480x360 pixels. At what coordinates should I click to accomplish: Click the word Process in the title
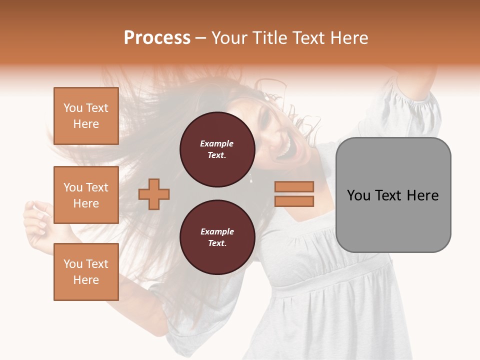[157, 38]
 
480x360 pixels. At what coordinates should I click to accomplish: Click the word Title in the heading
[268, 38]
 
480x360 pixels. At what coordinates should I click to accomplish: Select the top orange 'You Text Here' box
[86, 116]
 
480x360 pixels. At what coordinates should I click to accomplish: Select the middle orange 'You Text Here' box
[86, 195]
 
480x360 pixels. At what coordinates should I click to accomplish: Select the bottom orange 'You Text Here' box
[86, 272]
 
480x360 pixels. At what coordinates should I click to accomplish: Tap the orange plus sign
[154, 194]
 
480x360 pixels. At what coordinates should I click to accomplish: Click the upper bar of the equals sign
[294, 186]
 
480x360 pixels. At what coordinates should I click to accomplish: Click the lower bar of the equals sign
[294, 201]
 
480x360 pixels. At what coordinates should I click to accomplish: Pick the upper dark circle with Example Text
[217, 149]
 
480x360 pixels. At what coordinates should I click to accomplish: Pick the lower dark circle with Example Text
[217, 237]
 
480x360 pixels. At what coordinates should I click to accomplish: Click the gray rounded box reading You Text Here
[393, 195]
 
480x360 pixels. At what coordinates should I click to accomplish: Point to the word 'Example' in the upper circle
[217, 143]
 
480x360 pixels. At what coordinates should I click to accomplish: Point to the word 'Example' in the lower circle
[217, 231]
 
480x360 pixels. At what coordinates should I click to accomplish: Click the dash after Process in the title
[200, 38]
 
